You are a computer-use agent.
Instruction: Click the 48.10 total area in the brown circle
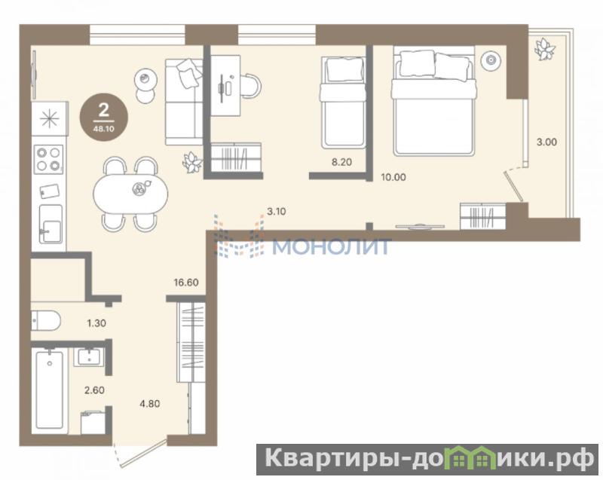pos(103,129)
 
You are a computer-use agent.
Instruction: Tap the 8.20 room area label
pos(341,162)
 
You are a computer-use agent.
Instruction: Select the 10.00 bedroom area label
pos(393,177)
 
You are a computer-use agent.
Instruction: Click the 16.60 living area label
pos(186,283)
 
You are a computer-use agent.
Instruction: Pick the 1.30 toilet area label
pos(96,323)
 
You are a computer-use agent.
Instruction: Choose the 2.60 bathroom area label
pos(94,390)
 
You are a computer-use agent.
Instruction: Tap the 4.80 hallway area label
pos(149,404)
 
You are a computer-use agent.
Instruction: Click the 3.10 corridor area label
pos(277,211)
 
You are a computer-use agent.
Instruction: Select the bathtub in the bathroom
pos(49,389)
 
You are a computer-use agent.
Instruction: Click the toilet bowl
pos(46,321)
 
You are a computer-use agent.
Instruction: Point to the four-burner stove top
pos(49,159)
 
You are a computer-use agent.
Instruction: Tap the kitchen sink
pos(51,224)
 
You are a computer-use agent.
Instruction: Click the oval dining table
pos(130,194)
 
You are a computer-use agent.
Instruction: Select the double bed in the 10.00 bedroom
pos(434,101)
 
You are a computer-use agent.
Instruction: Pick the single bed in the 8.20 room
pos(343,102)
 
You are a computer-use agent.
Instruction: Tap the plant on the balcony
pos(544,49)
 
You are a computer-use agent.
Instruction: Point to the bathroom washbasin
pos(89,357)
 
